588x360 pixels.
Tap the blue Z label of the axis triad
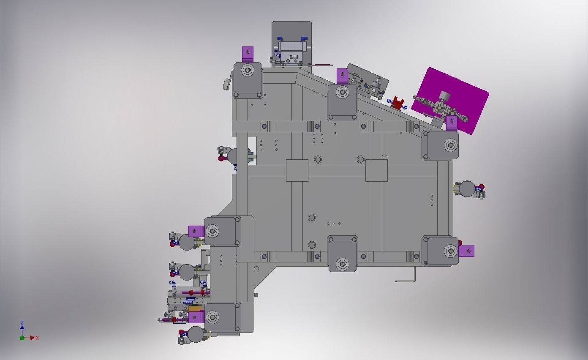pyautogui.click(x=22, y=323)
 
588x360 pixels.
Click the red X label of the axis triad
pyautogui.click(x=37, y=338)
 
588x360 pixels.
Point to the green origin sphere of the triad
pyautogui.click(x=22, y=338)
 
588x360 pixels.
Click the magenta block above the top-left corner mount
pyautogui.click(x=248, y=54)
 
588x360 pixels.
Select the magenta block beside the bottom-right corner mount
pyautogui.click(x=467, y=251)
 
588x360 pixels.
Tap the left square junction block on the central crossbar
pyautogui.click(x=297, y=170)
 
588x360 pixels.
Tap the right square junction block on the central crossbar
pyautogui.click(x=376, y=170)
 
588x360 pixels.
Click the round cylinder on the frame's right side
pyautogui.click(x=467, y=189)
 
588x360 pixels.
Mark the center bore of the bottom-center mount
pyautogui.click(x=343, y=265)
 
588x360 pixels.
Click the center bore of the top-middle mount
pyautogui.click(x=343, y=92)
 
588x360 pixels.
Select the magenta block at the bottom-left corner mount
pyautogui.click(x=196, y=317)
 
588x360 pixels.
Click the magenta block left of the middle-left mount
pyautogui.click(x=196, y=231)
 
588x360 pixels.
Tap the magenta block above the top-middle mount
pyautogui.click(x=342, y=76)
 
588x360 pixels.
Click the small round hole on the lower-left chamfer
pyautogui.click(x=256, y=269)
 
